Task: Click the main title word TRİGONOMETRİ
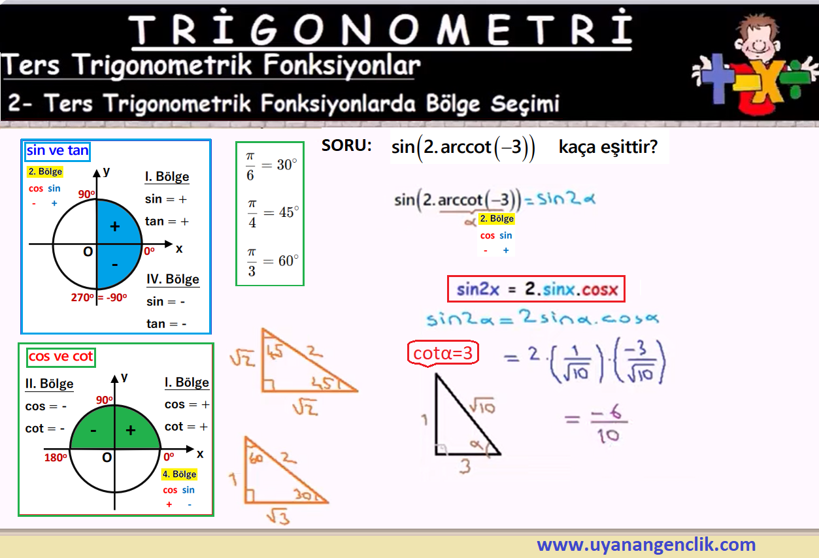[x=380, y=29]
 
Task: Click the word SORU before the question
[x=346, y=146]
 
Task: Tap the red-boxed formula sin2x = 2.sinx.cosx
[x=536, y=289]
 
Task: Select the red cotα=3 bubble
[x=443, y=353]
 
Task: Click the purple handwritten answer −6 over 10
[x=609, y=423]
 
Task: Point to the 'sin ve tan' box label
[x=58, y=150]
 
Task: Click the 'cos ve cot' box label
[x=61, y=357]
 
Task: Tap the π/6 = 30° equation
[x=271, y=166]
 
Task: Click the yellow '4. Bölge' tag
[x=179, y=474]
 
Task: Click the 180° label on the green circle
[x=56, y=457]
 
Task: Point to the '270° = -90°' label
[x=99, y=297]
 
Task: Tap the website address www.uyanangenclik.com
[x=646, y=544]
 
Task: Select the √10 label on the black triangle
[x=482, y=405]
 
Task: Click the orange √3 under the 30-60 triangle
[x=278, y=517]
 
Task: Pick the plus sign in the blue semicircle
[x=115, y=227]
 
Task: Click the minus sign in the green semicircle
[x=93, y=431]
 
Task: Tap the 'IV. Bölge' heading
[x=173, y=279]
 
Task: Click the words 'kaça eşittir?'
[x=608, y=147]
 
